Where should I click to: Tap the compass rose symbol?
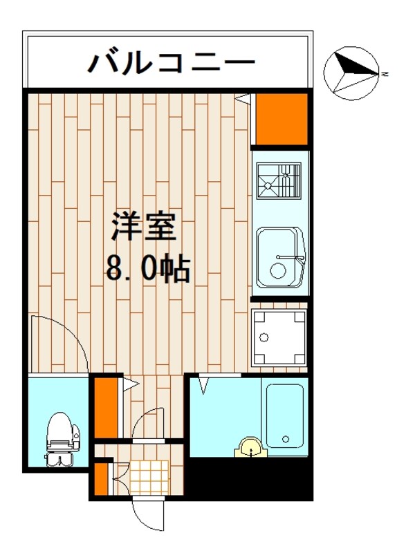(352, 71)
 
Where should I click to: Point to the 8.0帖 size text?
(147, 268)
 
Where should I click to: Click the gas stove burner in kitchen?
(279, 180)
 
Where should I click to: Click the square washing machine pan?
(279, 339)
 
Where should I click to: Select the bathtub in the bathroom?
(284, 414)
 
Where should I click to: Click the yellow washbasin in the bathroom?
(250, 449)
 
